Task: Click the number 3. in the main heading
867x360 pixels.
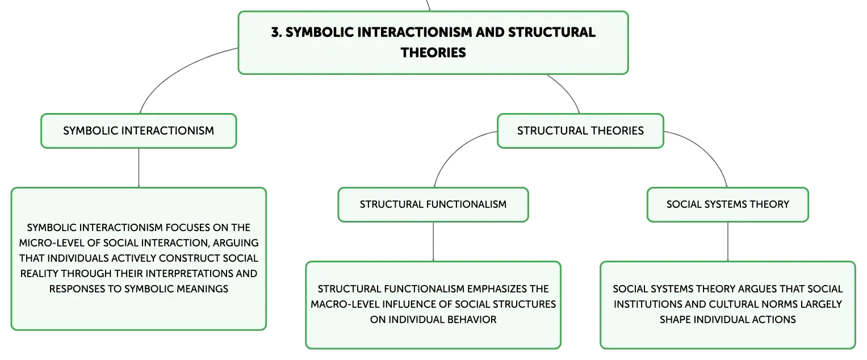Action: (x=277, y=32)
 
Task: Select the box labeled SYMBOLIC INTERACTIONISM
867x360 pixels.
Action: (x=139, y=131)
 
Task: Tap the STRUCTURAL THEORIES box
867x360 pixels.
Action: (x=580, y=131)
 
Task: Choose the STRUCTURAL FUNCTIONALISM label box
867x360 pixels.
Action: (x=433, y=205)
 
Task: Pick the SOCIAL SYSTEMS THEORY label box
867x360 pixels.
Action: (x=728, y=205)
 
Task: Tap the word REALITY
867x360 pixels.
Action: (x=39, y=274)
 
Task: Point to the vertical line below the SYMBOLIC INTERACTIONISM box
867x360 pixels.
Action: (x=139, y=168)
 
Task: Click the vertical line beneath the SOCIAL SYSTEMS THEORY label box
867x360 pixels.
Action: (x=728, y=242)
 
